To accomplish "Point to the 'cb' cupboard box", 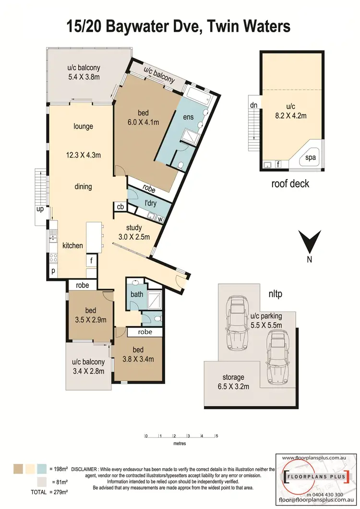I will [119, 206].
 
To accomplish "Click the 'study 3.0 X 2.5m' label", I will [134, 232].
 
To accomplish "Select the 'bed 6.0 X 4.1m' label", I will [144, 118].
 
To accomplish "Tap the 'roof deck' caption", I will [290, 183].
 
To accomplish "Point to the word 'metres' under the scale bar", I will [180, 444].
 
